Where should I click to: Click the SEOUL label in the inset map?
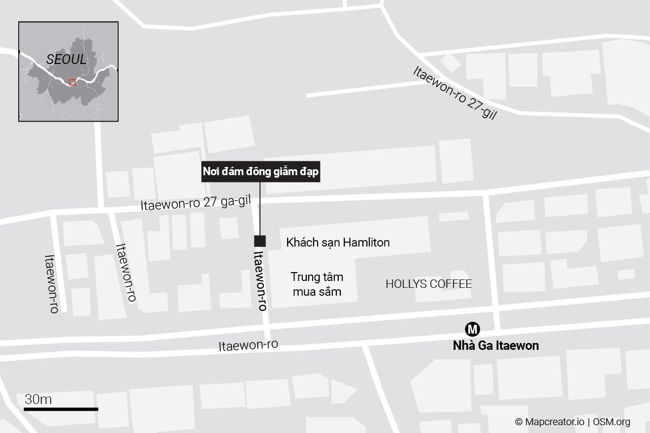click(x=66, y=60)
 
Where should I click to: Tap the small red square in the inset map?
click(x=72, y=82)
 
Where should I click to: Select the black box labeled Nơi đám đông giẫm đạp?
click(x=261, y=172)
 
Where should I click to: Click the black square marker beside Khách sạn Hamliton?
click(x=260, y=241)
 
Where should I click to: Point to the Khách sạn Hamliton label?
click(x=338, y=242)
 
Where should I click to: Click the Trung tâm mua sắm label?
click(x=317, y=284)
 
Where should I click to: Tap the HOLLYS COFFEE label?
click(x=428, y=284)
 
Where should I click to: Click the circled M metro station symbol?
click(x=473, y=329)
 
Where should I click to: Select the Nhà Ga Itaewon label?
click(x=495, y=346)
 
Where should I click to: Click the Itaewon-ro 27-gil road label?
click(x=455, y=93)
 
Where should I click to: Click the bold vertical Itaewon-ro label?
click(x=260, y=280)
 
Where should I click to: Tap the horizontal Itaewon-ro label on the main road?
click(x=248, y=345)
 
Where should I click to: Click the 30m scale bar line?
click(x=61, y=409)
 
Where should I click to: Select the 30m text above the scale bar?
click(x=38, y=399)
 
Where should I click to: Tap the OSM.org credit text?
click(x=612, y=422)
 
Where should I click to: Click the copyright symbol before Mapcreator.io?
click(x=519, y=422)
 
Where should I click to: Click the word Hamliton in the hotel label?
click(x=366, y=242)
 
